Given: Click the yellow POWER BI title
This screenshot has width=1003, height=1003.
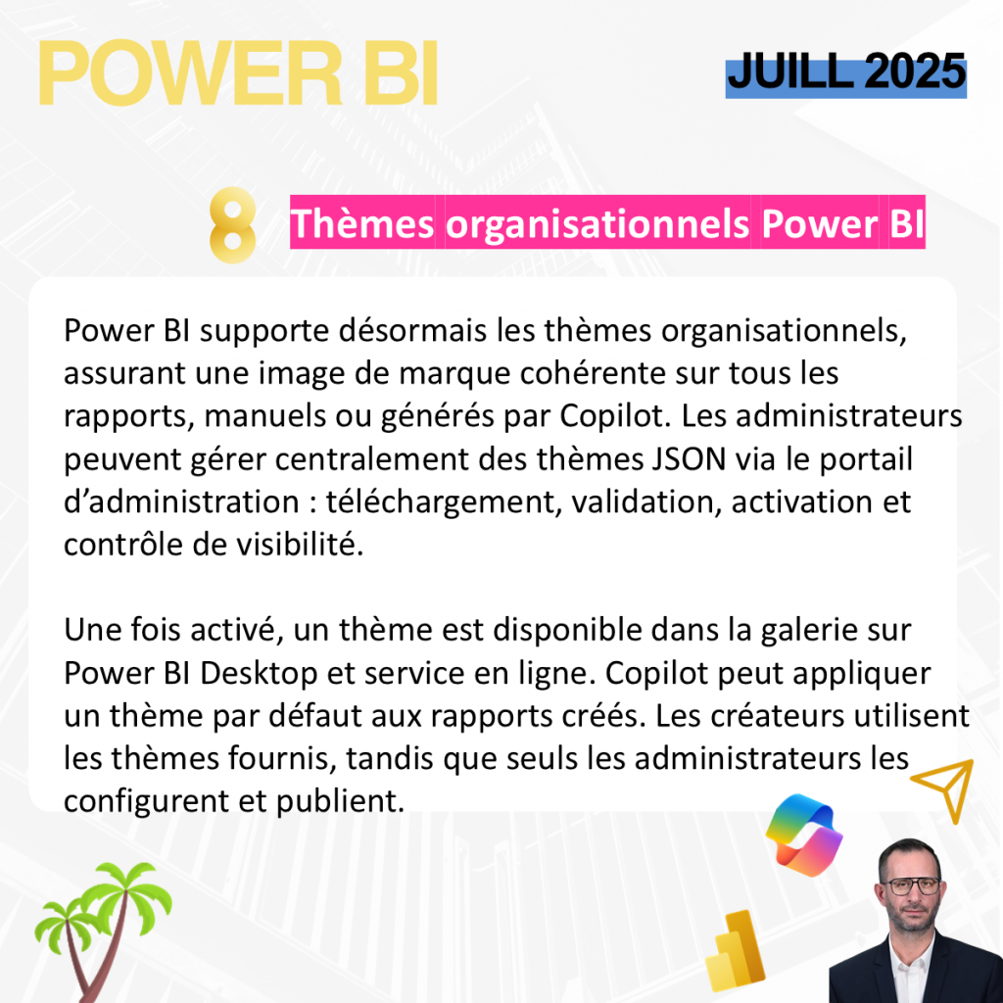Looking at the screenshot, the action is click(x=238, y=72).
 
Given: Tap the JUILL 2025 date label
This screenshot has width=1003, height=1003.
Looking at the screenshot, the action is click(x=845, y=72).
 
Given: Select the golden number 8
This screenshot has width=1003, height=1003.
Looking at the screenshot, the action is click(x=233, y=224).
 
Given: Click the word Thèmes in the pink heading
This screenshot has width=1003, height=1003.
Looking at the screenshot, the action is click(x=362, y=223).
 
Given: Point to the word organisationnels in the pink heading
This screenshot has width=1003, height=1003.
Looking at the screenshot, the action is click(x=597, y=224).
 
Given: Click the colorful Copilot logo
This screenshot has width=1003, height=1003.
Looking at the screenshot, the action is click(x=804, y=835).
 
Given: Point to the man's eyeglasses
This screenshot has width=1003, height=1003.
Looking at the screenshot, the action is click(x=911, y=886).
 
